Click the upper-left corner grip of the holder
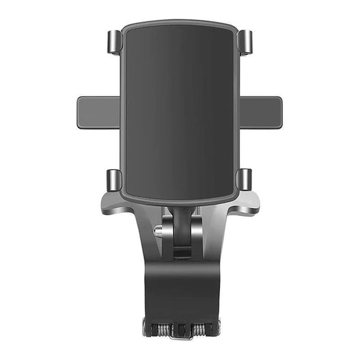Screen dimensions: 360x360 click(114, 42)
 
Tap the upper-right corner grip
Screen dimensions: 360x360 click(245, 42)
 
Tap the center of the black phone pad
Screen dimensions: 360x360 click(180, 112)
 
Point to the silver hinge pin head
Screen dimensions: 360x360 click(157, 231)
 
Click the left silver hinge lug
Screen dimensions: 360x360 click(167, 236)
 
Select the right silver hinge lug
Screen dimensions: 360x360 click(197, 236)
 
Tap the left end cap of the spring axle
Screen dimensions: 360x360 click(146, 327)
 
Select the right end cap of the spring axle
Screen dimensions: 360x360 click(217, 327)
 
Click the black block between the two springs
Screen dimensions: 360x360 click(181, 327)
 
